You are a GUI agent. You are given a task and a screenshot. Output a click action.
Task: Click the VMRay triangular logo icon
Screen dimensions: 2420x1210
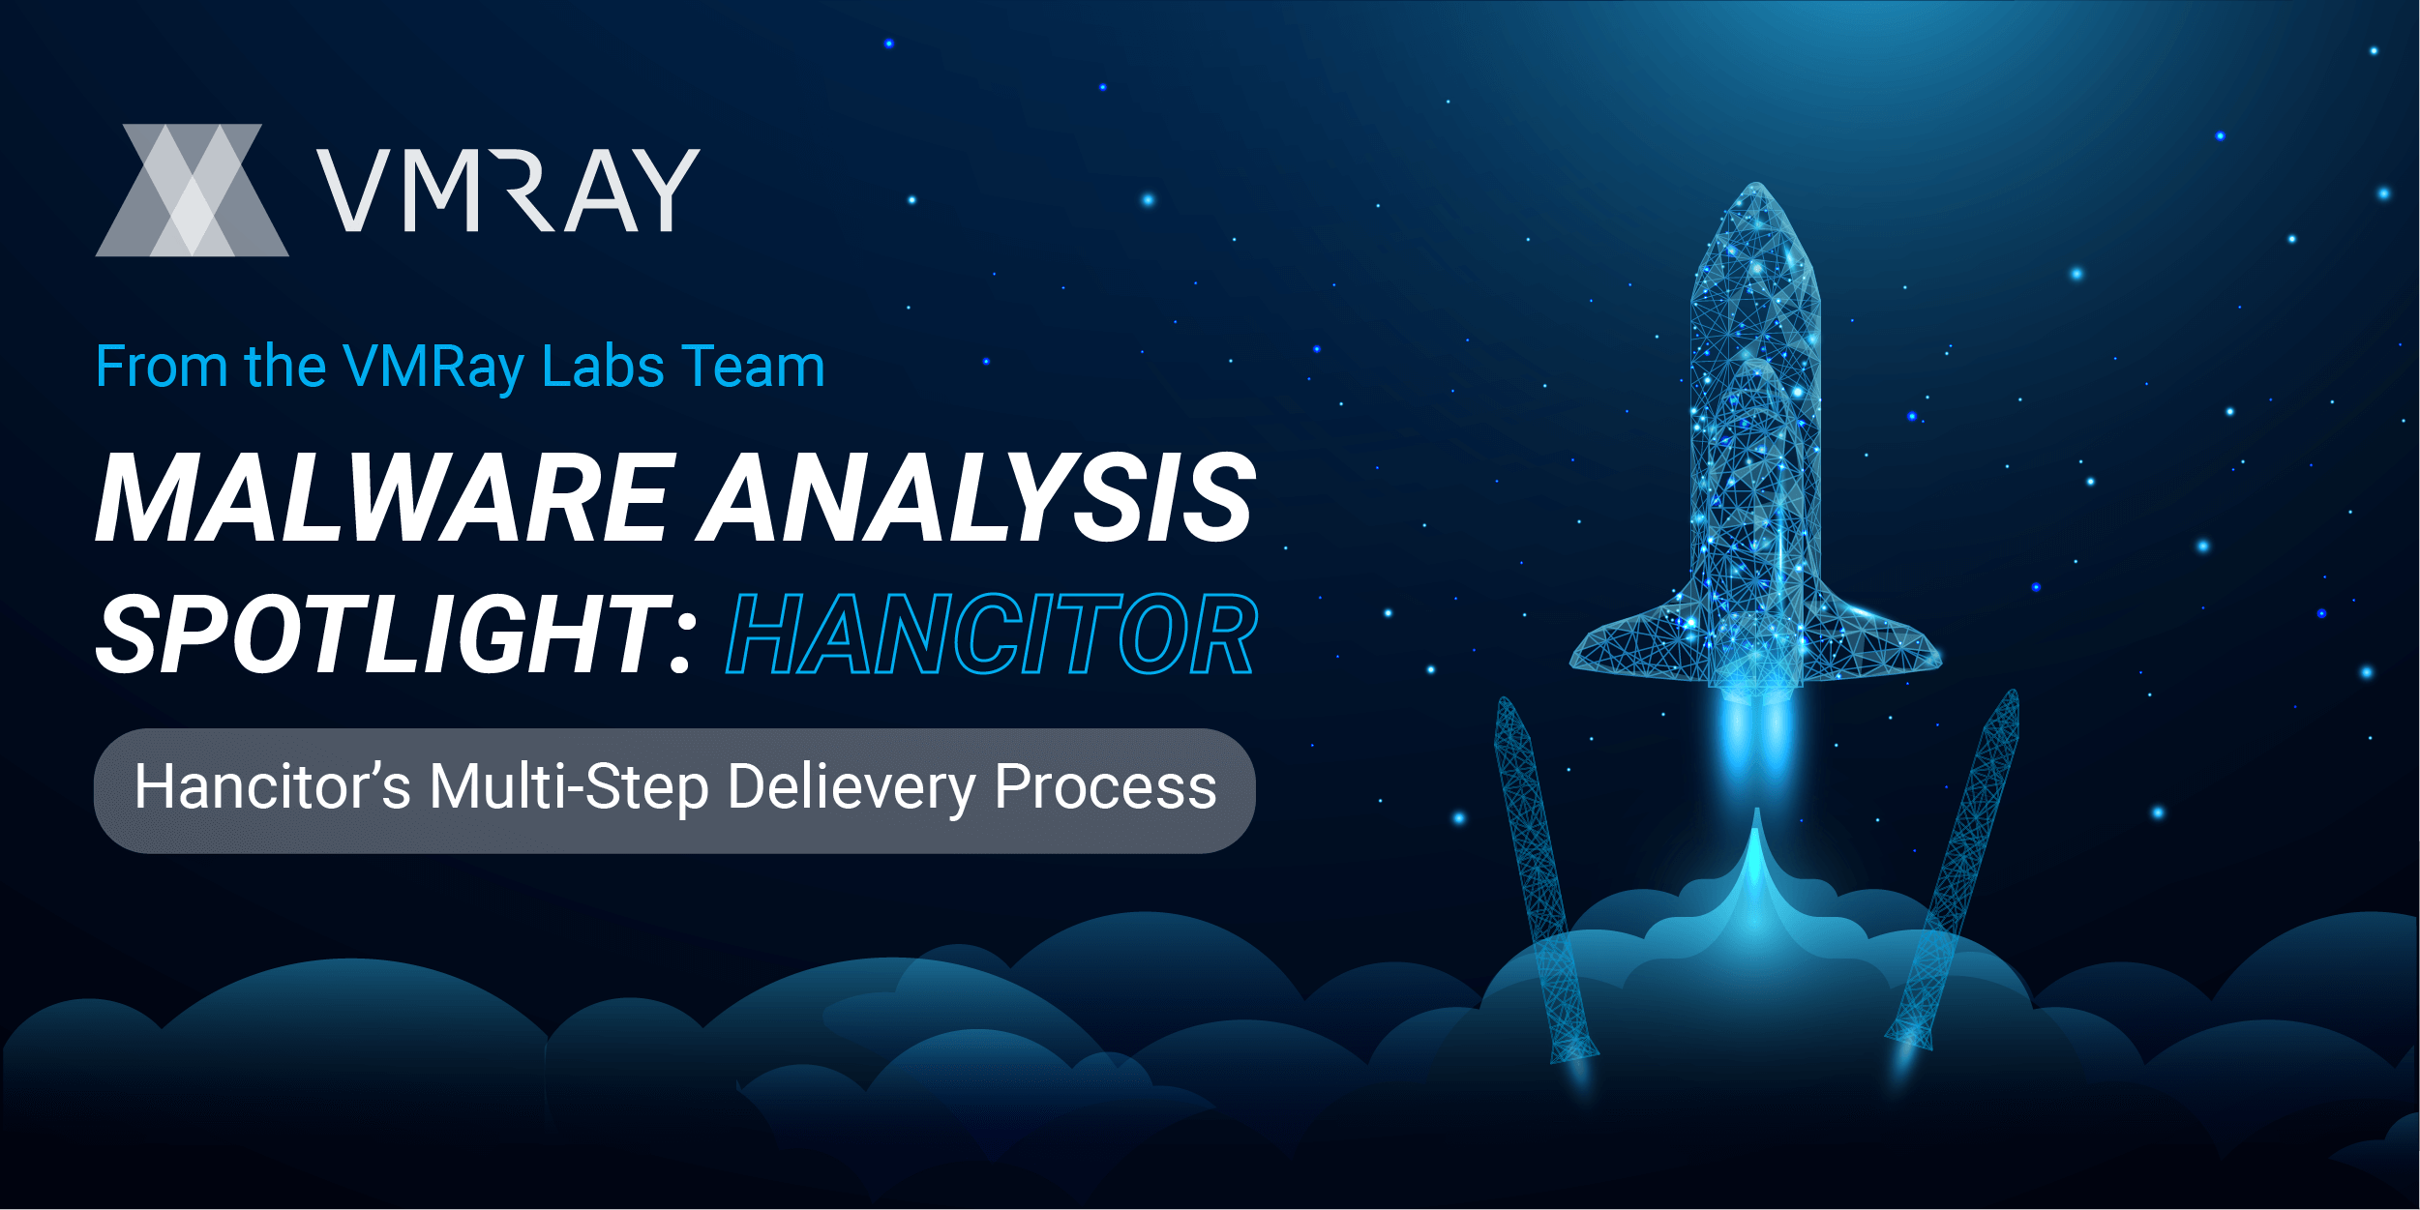pos(192,191)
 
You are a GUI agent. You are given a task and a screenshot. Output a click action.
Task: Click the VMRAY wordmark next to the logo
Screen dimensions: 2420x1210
pos(509,191)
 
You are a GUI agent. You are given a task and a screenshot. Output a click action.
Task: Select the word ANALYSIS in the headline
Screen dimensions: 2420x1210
pos(977,497)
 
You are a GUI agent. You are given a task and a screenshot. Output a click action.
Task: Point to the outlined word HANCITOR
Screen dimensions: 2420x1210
pos(992,635)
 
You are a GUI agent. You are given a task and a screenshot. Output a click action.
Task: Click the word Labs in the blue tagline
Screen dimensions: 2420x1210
pos(603,367)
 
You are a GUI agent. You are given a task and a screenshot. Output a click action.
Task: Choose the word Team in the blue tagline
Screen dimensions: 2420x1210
pos(754,367)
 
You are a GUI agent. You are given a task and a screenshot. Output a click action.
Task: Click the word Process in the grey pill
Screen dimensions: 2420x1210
pos(1106,787)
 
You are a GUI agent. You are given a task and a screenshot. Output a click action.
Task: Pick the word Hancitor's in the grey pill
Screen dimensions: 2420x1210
pos(273,785)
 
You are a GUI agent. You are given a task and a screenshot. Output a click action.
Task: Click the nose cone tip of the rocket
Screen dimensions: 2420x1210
pos(1755,184)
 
